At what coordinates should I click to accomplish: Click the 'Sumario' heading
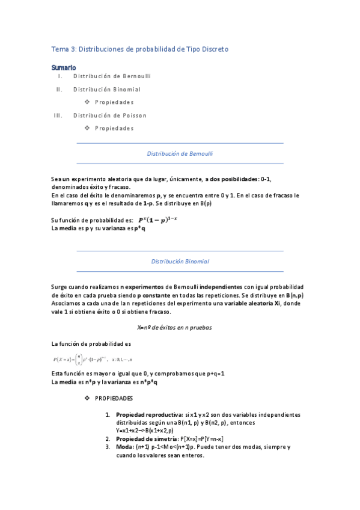(64, 67)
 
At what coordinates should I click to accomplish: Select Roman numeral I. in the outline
(59, 76)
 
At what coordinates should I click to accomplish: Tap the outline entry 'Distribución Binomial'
(107, 90)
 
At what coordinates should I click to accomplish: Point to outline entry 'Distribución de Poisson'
(110, 115)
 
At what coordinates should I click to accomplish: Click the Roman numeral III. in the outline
(58, 115)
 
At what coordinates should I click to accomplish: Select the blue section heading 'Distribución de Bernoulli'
(180, 153)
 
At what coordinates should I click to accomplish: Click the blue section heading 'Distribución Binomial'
(180, 262)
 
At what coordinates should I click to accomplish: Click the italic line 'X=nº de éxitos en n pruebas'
(174, 328)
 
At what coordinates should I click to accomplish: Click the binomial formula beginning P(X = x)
(92, 359)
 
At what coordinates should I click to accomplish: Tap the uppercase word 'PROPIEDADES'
(114, 399)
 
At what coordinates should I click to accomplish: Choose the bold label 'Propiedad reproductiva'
(150, 415)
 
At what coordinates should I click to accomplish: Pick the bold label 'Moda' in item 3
(125, 447)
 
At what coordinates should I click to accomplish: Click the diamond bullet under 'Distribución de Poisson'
(87, 128)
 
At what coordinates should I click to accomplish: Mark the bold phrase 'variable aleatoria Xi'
(252, 304)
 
